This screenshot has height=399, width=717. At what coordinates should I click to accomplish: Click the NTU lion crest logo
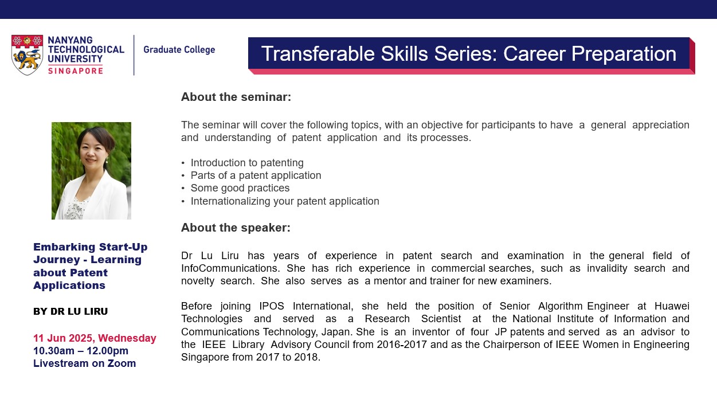pos(27,55)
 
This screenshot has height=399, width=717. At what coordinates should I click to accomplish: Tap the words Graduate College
pos(179,50)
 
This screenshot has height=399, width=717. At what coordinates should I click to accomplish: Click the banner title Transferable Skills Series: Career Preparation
pos(468,53)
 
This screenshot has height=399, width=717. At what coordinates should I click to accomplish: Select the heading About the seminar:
pos(236,97)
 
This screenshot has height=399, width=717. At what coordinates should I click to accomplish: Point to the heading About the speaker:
pos(236,228)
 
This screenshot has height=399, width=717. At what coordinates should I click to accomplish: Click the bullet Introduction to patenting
pos(247,163)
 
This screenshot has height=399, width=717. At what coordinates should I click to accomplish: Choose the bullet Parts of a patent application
pos(256,175)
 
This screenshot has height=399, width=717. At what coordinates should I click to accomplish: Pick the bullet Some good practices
pos(240,188)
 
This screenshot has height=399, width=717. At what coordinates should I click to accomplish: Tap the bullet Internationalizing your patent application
pos(285,201)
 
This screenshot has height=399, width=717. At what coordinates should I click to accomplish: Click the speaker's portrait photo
pos(91,171)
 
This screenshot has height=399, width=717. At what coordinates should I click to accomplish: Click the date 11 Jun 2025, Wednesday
pos(95,338)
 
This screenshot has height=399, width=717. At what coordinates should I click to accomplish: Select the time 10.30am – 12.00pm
pos(81,351)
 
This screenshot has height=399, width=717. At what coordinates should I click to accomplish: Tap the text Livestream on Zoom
pos(84,363)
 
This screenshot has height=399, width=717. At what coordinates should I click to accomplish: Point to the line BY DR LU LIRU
pos(70,312)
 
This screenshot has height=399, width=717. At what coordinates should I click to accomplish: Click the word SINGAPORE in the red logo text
pos(76,71)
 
